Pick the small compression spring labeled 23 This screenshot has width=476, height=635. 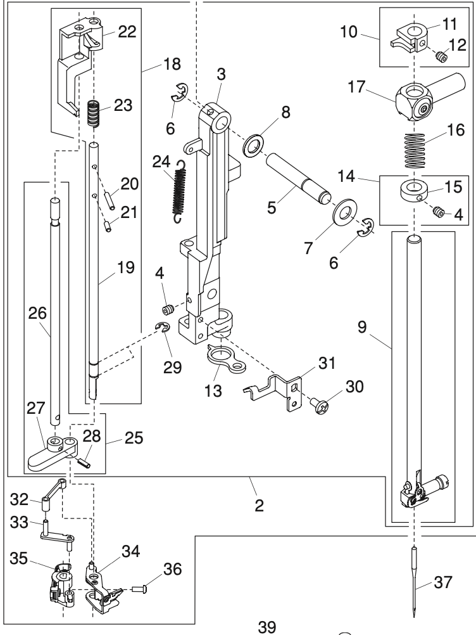click(94, 114)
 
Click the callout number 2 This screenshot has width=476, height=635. click(260, 506)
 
